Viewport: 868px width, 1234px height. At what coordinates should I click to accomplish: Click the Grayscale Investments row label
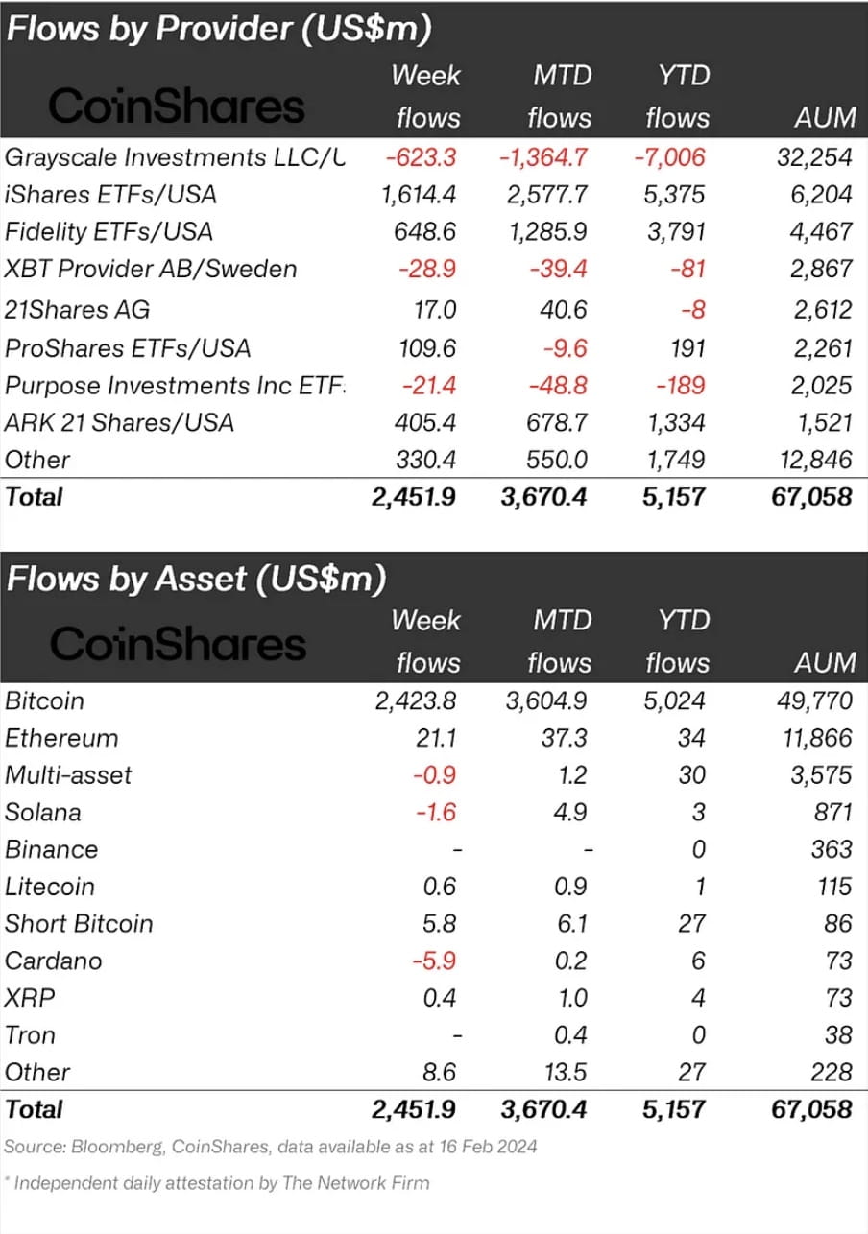point(173,156)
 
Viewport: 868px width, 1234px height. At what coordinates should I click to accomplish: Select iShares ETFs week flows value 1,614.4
point(419,195)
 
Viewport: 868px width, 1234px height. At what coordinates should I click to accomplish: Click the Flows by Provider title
point(217,29)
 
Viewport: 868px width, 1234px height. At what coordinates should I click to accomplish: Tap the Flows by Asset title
point(196,579)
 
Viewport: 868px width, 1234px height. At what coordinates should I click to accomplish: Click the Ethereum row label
point(61,738)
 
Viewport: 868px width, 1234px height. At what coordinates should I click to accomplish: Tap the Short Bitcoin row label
point(79,924)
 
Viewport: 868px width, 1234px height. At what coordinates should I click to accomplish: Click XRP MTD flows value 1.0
point(572,998)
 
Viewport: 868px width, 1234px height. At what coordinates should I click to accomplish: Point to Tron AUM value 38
point(837,1035)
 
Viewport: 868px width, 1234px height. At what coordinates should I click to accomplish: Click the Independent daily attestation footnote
point(221,1182)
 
